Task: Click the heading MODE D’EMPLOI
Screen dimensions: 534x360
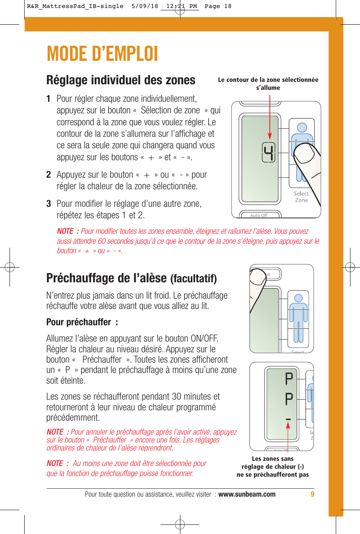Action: tap(102, 54)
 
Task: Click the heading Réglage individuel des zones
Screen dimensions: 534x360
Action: tap(121, 80)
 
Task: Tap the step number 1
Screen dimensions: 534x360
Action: tap(48, 99)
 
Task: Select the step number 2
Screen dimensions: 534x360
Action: tap(48, 175)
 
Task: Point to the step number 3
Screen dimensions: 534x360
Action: tap(48, 204)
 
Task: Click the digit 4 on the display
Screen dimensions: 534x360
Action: tap(269, 152)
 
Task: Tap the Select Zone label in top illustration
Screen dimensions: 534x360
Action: tap(301, 197)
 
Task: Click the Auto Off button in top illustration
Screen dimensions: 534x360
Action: tap(259, 215)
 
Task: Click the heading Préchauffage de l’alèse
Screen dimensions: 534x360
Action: tap(106, 278)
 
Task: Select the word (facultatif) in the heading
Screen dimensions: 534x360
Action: tap(194, 279)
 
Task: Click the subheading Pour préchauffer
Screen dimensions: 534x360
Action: tap(82, 322)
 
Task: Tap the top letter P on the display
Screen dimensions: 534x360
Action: tap(289, 379)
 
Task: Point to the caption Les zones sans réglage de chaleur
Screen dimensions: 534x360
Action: tap(273, 466)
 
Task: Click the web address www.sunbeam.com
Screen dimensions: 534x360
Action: tap(247, 494)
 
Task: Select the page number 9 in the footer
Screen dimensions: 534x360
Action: tap(312, 494)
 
